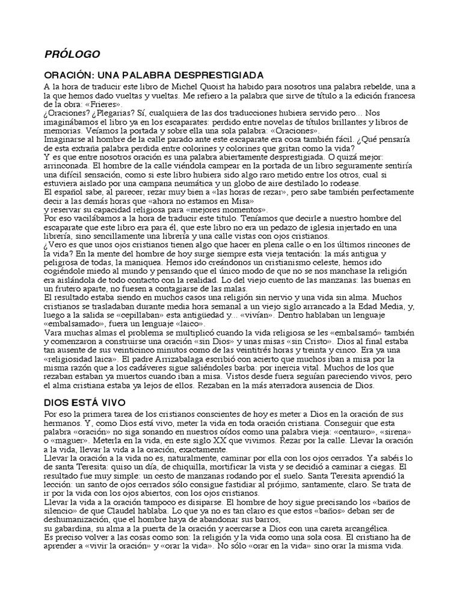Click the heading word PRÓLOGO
pos(72,54)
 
